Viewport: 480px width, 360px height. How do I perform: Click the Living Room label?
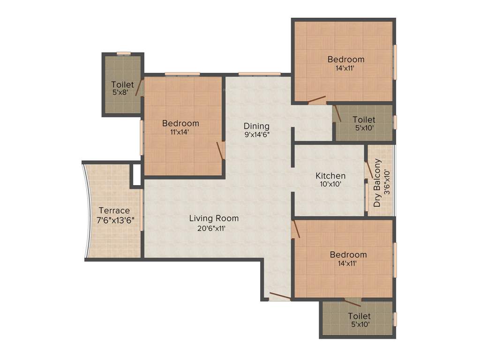(214, 218)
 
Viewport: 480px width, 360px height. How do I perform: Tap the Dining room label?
(256, 126)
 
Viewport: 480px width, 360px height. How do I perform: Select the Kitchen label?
(330, 176)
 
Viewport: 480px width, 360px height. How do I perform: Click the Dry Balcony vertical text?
(377, 183)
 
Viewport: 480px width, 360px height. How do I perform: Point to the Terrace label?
(114, 211)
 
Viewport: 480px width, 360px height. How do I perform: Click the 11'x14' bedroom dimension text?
(180, 132)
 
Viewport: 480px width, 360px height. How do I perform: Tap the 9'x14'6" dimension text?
(256, 135)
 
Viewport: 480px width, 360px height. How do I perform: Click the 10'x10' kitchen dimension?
(330, 184)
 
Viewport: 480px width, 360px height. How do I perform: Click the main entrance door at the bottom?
(280, 296)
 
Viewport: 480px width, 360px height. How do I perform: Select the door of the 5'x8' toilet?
(139, 88)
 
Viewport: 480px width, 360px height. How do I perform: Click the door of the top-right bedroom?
(316, 99)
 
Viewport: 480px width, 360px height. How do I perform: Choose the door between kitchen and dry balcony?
(369, 171)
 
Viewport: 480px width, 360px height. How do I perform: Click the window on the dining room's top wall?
(259, 74)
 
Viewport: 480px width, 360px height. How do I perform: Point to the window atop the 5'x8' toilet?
(123, 53)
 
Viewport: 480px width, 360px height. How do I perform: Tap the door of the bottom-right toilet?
(352, 302)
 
